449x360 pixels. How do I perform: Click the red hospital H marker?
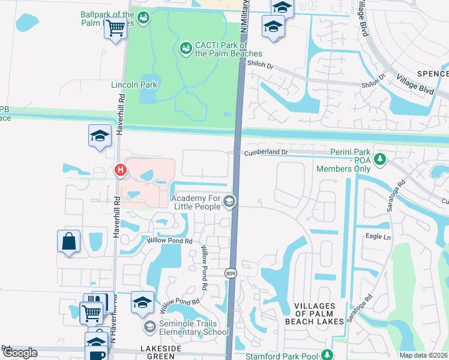pyautogui.click(x=121, y=171)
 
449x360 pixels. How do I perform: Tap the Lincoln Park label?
pyautogui.click(x=134, y=85)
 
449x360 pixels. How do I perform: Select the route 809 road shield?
pyautogui.click(x=231, y=273)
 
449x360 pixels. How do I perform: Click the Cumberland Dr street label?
pyautogui.click(x=266, y=152)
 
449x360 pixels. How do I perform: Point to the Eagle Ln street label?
pyautogui.click(x=378, y=236)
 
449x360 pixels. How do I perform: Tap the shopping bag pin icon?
pyautogui.click(x=69, y=242)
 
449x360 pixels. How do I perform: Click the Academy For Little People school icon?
pyautogui.click(x=229, y=202)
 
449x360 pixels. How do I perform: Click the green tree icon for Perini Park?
pyautogui.click(x=379, y=159)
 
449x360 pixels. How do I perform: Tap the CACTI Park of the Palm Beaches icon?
pyautogui.click(x=186, y=46)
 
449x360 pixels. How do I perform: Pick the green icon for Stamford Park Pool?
pyautogui.click(x=327, y=355)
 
